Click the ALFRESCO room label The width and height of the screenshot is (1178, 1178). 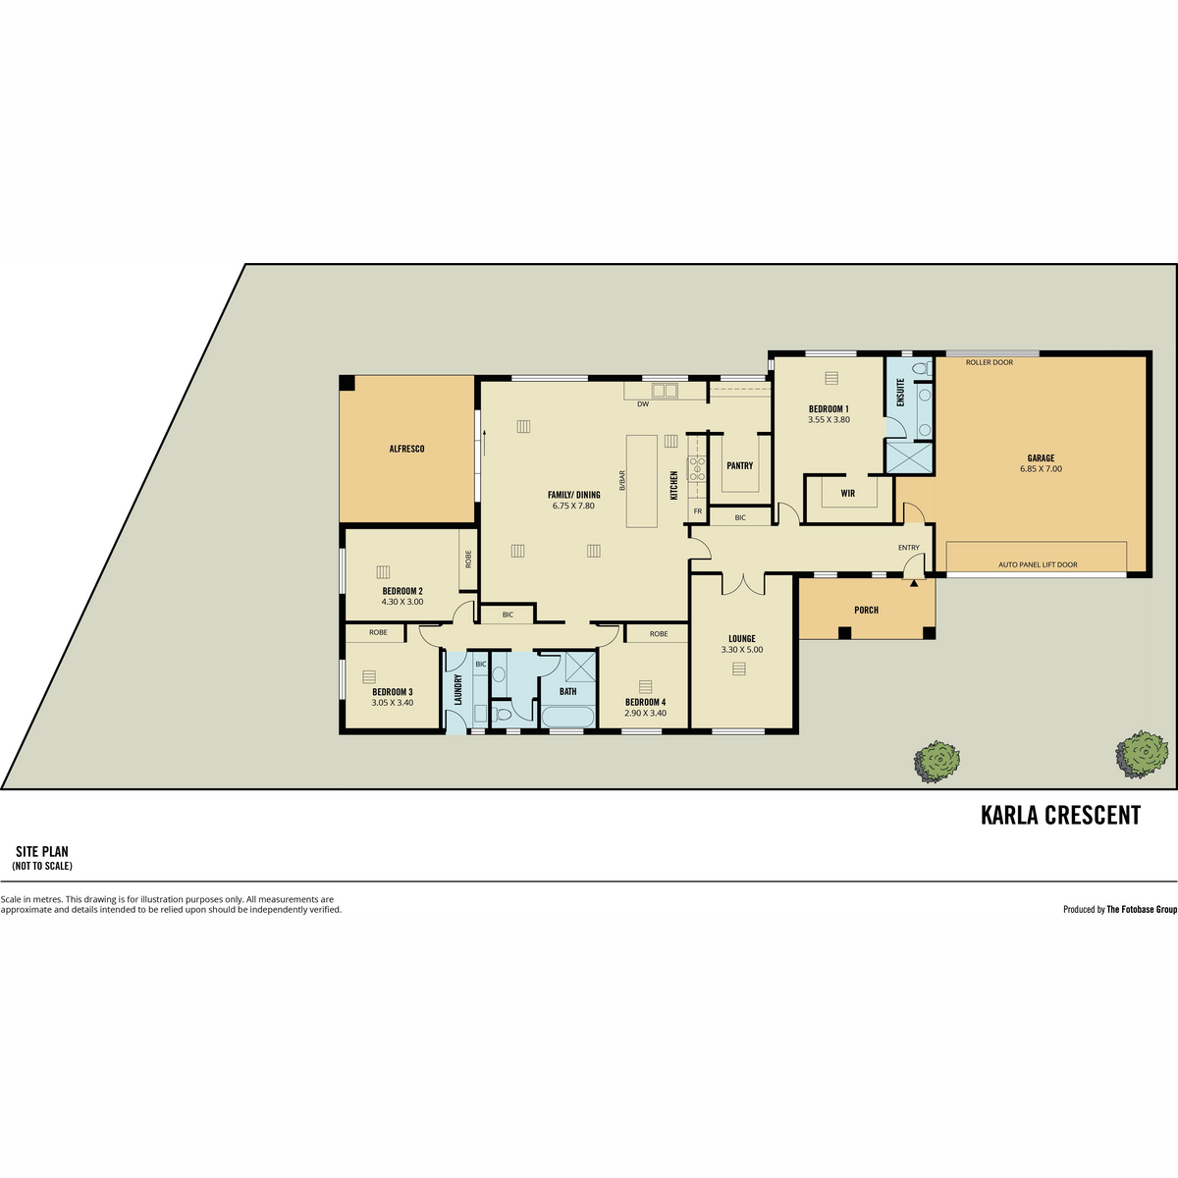tap(406, 449)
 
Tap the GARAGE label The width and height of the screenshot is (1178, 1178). tap(1041, 457)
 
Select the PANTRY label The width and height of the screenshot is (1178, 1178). tap(740, 465)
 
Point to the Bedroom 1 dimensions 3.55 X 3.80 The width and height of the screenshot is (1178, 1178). tap(829, 420)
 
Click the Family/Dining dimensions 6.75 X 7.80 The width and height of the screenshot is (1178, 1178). tap(573, 506)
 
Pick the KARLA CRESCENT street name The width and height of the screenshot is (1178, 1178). tap(1060, 815)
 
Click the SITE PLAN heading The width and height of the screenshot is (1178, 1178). tap(42, 851)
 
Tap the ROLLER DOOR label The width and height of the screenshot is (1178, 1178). tap(990, 362)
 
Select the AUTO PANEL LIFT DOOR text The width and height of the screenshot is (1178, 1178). tap(1038, 564)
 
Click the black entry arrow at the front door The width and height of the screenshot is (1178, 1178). tap(914, 583)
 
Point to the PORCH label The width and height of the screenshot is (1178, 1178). tap(866, 610)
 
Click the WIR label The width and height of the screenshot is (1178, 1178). tap(847, 494)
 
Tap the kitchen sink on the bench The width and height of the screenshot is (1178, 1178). tap(665, 390)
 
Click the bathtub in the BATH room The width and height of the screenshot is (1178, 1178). tap(567, 717)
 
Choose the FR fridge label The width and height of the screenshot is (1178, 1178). tap(698, 511)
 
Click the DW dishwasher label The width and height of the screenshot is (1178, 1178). tap(642, 404)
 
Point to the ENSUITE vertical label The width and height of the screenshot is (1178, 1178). tap(900, 393)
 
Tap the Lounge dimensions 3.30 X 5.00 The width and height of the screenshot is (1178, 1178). tap(741, 650)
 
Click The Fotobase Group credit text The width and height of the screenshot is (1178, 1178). tap(1142, 910)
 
